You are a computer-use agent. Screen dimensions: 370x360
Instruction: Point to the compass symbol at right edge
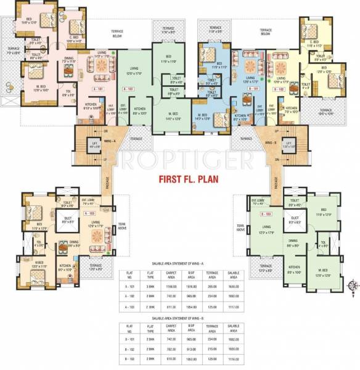[352, 286]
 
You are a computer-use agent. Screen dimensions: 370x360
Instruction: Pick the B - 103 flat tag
[266, 213]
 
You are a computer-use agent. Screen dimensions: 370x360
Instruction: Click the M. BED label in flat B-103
[323, 271]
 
